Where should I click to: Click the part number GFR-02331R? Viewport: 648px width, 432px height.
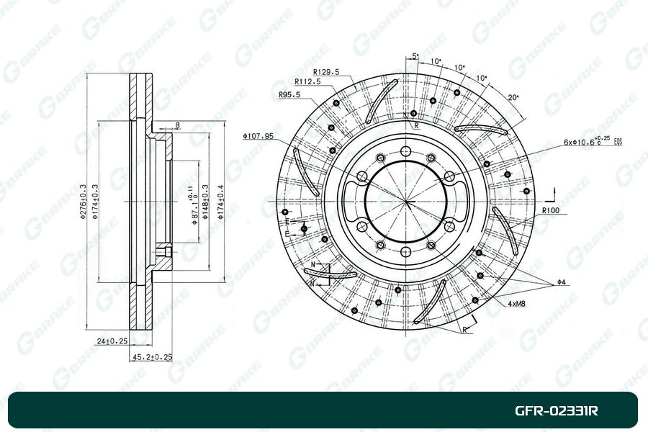pyautogui.click(x=555, y=411)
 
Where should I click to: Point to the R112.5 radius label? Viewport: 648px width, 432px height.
pyautogui.click(x=307, y=81)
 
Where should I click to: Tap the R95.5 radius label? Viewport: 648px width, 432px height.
pyautogui.click(x=289, y=94)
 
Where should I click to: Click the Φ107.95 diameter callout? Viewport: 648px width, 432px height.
pyautogui.click(x=258, y=136)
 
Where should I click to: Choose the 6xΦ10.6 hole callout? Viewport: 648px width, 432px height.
pyautogui.click(x=593, y=142)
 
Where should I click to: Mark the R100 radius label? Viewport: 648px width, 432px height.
pyautogui.click(x=551, y=210)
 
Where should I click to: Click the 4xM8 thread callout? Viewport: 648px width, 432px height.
pyautogui.click(x=516, y=305)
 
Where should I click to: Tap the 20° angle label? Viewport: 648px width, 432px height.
pyautogui.click(x=512, y=96)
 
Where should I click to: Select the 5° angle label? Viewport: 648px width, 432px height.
pyautogui.click(x=415, y=55)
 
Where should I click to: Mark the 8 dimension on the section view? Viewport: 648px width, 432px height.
pyautogui.click(x=177, y=126)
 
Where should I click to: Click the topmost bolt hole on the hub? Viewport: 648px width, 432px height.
pyautogui.click(x=405, y=152)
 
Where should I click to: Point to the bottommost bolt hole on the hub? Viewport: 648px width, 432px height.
pyautogui.click(x=405, y=252)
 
